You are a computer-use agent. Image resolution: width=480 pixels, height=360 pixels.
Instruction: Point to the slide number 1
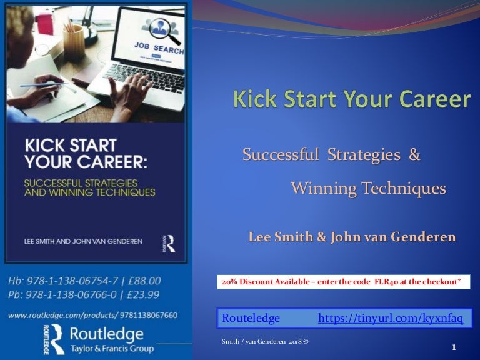(454, 347)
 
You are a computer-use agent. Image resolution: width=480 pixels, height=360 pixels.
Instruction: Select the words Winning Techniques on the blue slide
(369, 188)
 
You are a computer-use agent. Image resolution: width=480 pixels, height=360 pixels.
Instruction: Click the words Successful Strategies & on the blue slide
(331, 155)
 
